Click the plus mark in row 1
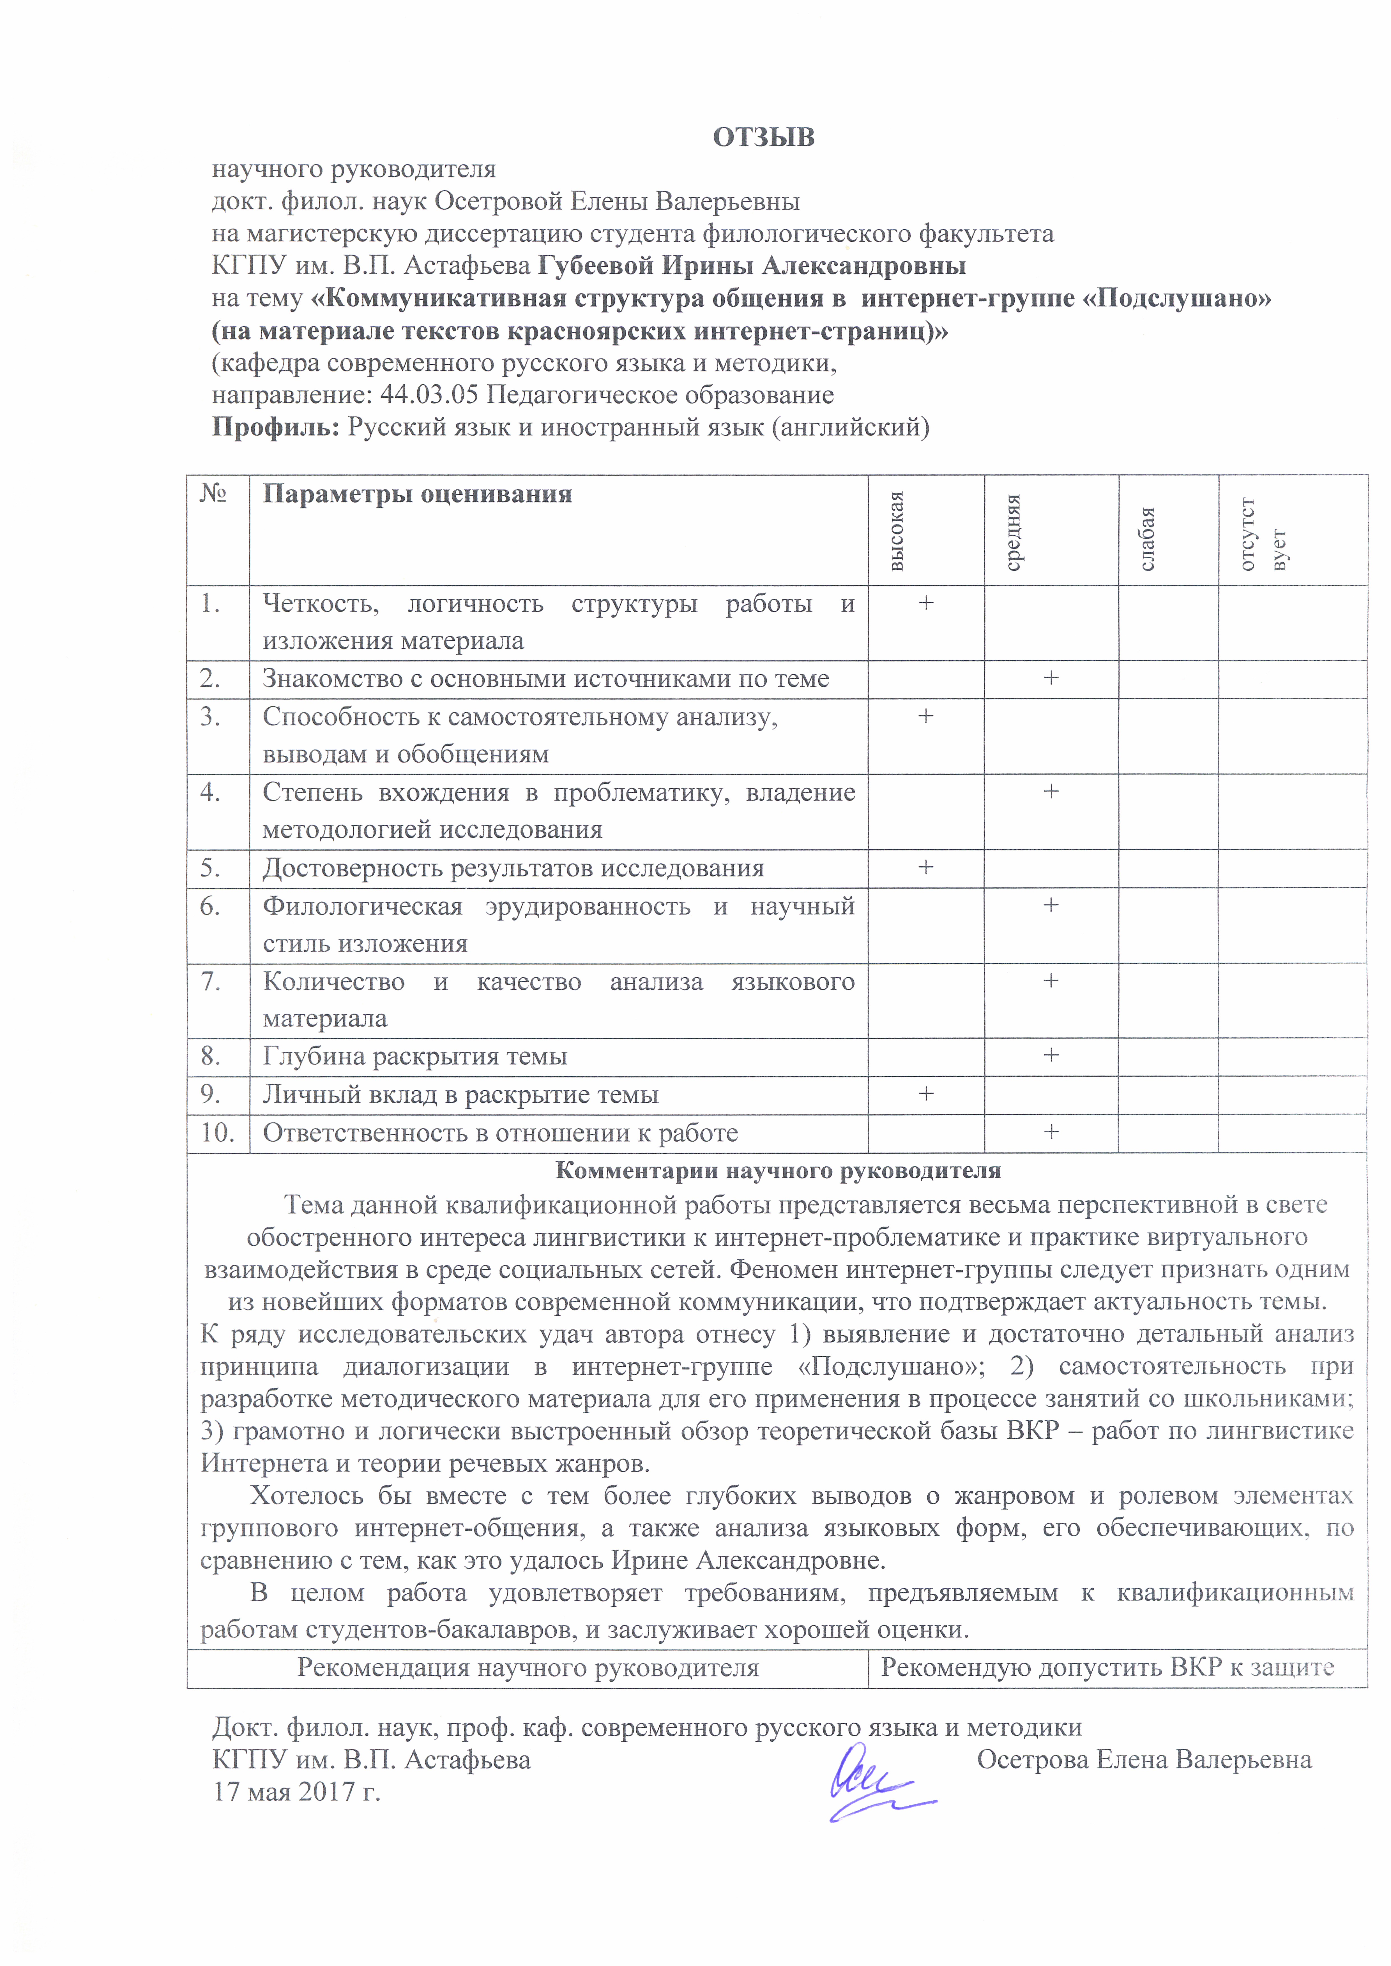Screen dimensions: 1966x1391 coord(926,603)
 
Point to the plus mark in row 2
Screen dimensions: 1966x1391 coord(1051,677)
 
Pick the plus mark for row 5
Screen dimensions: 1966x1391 coord(926,867)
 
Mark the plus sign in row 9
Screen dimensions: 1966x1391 coord(926,1093)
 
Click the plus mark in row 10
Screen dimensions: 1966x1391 coord(1051,1131)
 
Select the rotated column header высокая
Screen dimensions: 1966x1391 coord(896,531)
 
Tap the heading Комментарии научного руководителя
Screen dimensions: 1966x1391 coord(778,1171)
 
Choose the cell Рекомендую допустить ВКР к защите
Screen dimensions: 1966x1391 coord(1107,1667)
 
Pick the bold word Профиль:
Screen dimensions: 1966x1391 coord(276,426)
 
